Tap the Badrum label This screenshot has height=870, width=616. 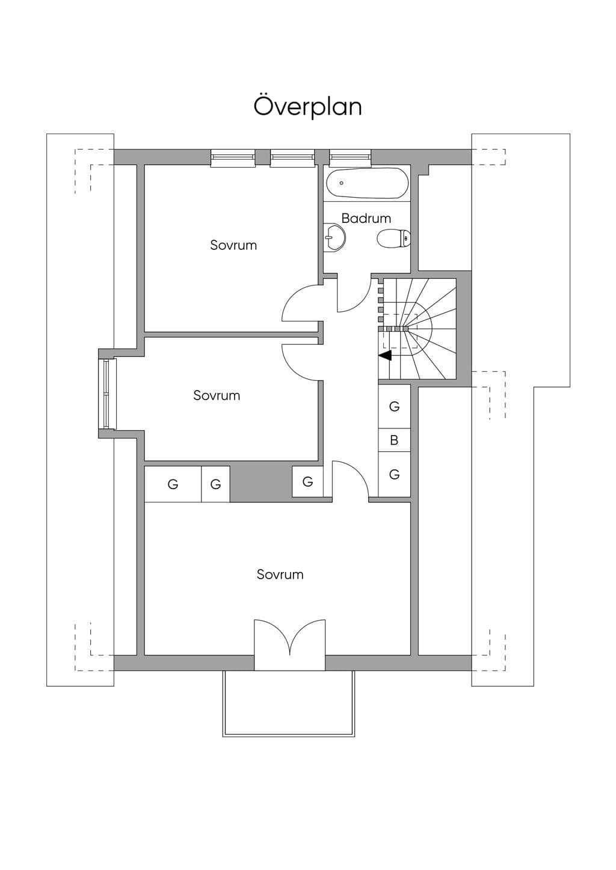(x=366, y=218)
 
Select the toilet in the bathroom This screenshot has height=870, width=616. (x=393, y=238)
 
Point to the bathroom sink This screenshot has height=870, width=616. (x=334, y=238)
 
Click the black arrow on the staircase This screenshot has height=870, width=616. (x=385, y=355)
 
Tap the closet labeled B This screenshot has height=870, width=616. (x=395, y=440)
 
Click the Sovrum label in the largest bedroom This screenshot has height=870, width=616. (x=280, y=574)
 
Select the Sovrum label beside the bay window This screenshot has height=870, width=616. (x=217, y=395)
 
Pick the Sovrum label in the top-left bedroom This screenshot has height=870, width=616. (x=233, y=245)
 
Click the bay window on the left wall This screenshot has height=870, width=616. (x=107, y=394)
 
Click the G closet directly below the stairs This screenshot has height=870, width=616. (x=395, y=406)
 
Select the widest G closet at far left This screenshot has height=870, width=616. (x=173, y=484)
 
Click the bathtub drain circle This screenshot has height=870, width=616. (x=342, y=183)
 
